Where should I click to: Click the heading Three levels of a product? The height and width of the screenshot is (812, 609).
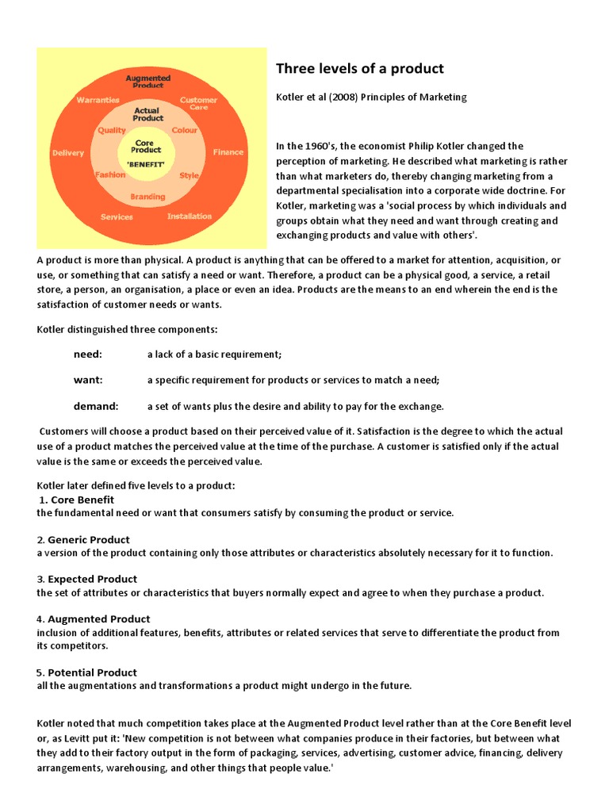(359, 68)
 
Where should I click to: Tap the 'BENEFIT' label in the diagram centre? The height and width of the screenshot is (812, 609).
(147, 163)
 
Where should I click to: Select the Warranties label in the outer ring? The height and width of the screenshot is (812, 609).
(98, 100)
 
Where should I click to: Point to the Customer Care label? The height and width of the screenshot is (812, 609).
(198, 104)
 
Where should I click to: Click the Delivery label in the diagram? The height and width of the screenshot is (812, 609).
(68, 152)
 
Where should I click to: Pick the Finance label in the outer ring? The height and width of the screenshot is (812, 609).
(228, 151)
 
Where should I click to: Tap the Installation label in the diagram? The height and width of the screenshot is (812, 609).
(190, 216)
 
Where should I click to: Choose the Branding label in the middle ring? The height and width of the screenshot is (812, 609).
(147, 197)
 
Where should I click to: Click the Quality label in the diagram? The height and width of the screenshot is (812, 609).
(112, 130)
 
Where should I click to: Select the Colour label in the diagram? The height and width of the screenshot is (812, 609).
(185, 130)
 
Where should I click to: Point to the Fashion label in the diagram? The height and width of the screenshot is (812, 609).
(110, 174)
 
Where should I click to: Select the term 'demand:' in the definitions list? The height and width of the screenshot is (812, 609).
(96, 406)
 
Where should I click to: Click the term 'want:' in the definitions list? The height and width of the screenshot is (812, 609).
(88, 380)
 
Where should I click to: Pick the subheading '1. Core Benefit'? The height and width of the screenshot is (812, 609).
(76, 500)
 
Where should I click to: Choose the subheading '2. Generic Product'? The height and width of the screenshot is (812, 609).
(83, 539)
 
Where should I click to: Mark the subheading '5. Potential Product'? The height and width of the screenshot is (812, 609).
(86, 672)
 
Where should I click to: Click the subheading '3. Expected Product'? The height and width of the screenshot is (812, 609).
(86, 579)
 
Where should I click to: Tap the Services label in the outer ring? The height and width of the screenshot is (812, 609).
(117, 216)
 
